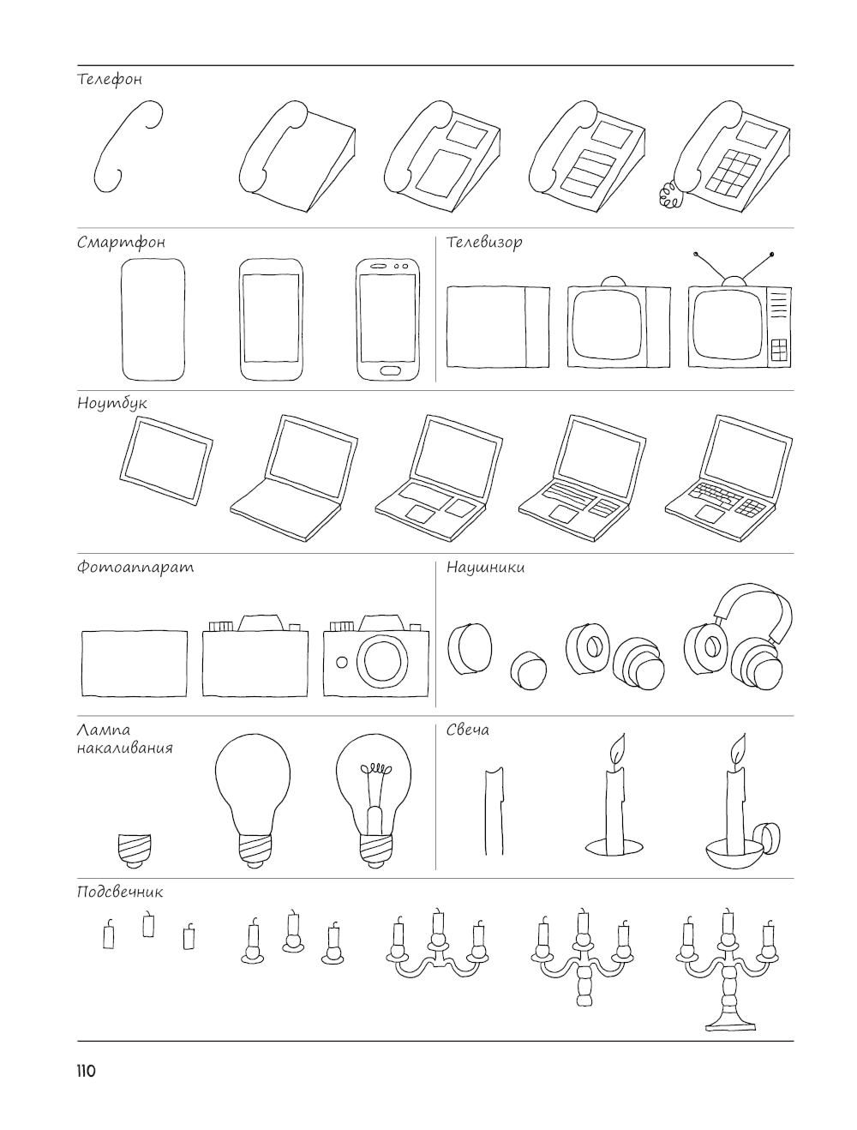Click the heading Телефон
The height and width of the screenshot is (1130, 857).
[109, 80]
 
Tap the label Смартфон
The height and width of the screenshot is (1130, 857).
[121, 242]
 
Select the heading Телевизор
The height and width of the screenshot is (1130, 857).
[484, 242]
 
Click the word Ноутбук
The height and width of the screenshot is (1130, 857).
[111, 403]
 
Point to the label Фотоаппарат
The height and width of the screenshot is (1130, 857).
[135, 567]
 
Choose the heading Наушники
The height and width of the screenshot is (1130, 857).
[485, 568]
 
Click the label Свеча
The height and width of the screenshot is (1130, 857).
[467, 730]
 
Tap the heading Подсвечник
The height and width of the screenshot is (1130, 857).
[120, 893]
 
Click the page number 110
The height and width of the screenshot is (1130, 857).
[86, 1072]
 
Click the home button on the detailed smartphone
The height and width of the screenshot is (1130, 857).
[391, 370]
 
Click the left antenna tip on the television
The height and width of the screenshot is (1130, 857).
[695, 254]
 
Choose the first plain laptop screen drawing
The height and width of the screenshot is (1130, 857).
[165, 460]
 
